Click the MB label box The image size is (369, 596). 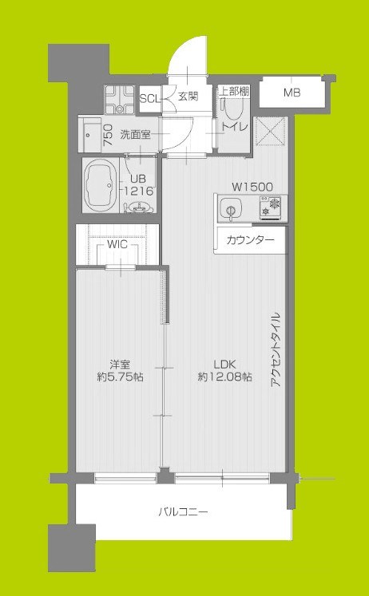tap(292, 93)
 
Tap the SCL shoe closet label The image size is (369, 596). tap(149, 98)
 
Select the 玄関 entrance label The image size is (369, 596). tap(188, 97)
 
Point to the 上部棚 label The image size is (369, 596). tap(233, 92)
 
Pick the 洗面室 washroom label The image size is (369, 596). tap(136, 134)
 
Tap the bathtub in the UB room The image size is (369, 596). tap(101, 182)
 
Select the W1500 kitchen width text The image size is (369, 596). tap(252, 187)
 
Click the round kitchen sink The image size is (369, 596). tap(229, 211)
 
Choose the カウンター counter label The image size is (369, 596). tap(249, 240)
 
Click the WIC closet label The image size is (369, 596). tap(117, 245)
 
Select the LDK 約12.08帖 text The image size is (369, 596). tap(224, 370)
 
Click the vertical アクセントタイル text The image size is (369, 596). tap(275, 351)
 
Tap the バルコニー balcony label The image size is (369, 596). tap(183, 511)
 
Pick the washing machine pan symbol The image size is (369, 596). tap(121, 100)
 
